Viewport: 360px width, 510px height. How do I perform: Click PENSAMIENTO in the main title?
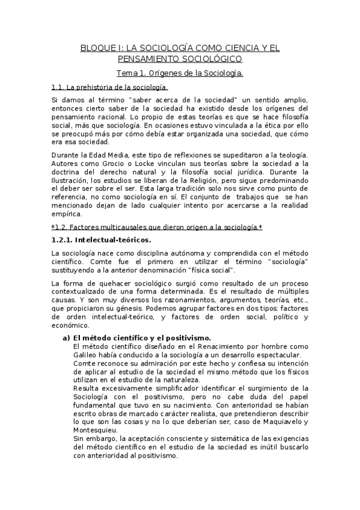(147, 59)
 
